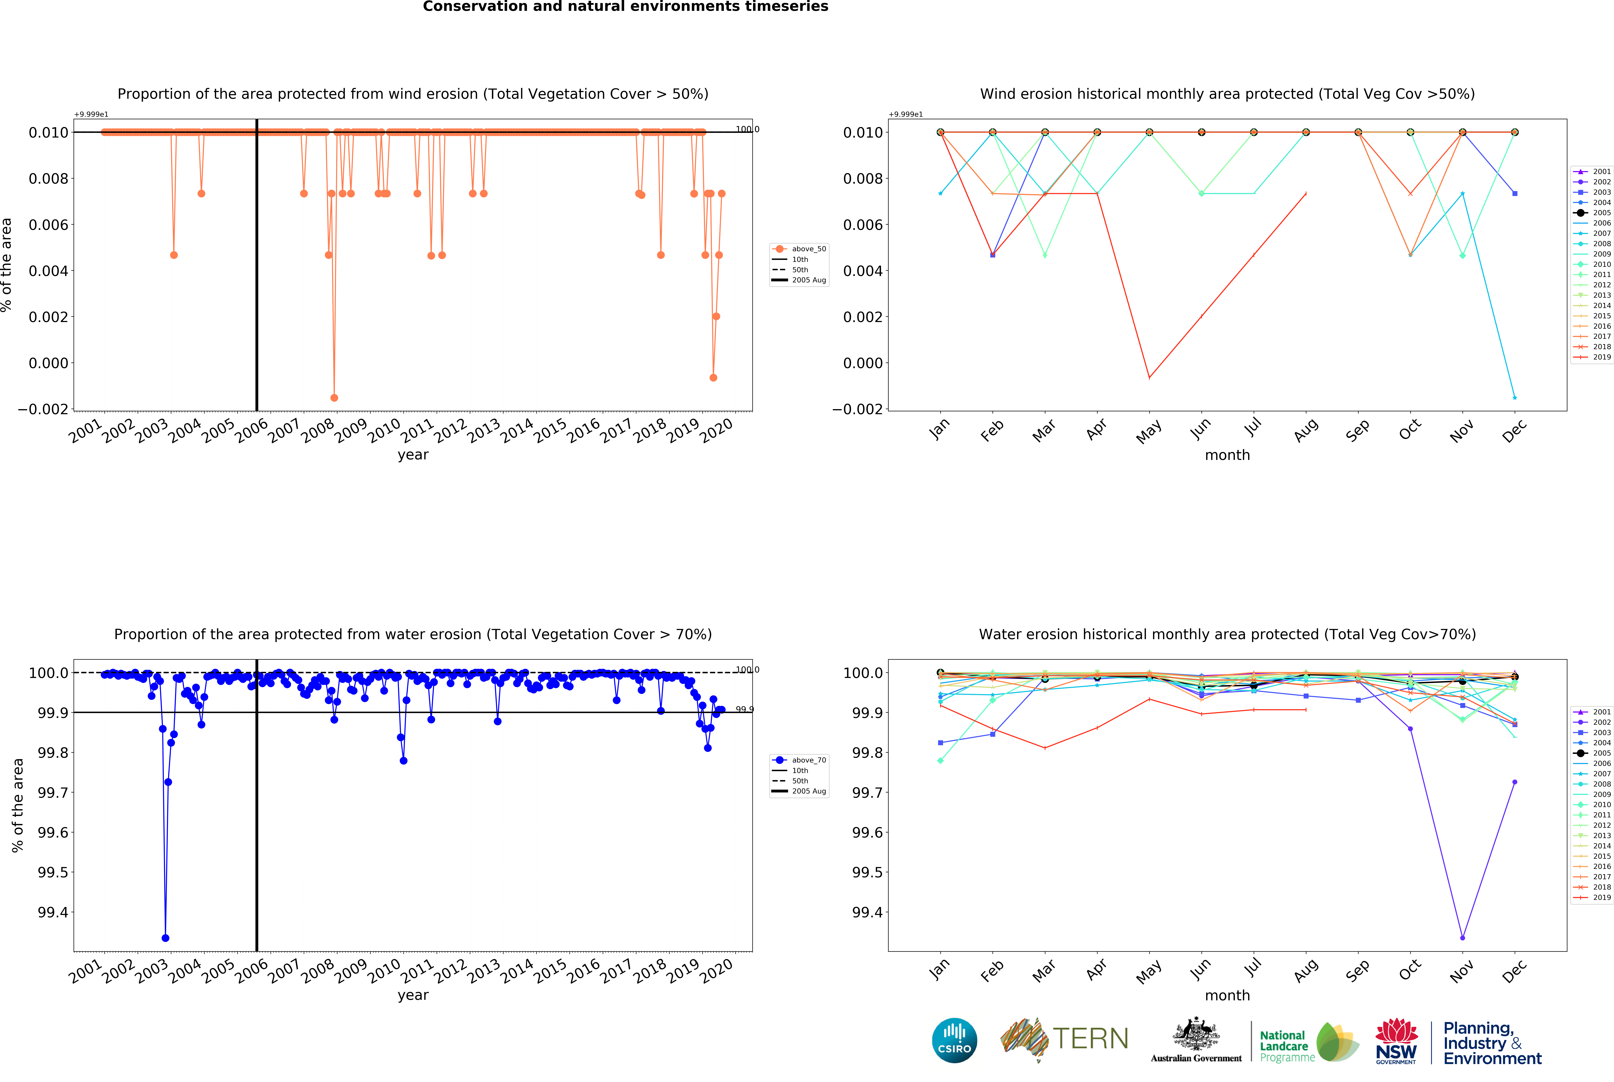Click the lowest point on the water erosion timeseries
[165, 938]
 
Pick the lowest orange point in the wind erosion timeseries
[334, 397]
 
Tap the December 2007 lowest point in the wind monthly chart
[1515, 397]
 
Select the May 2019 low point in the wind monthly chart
[1149, 377]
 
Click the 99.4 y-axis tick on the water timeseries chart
[53, 912]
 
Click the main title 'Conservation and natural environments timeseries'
[625, 7]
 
